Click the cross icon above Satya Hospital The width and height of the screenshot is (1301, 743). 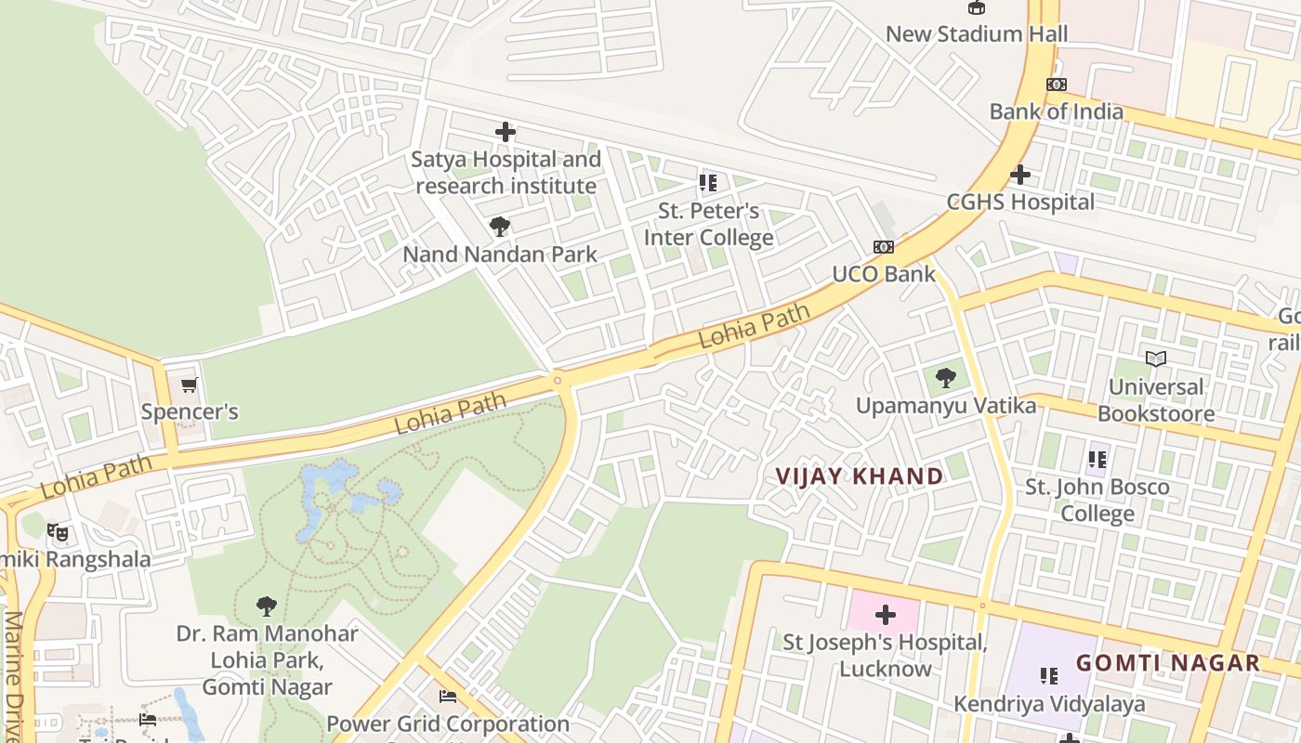506,132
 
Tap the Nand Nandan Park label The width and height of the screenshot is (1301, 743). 499,254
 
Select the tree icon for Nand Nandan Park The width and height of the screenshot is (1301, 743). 499,227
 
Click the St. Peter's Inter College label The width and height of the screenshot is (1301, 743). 708,225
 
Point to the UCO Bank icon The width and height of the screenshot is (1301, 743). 883,247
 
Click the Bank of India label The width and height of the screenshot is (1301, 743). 1056,111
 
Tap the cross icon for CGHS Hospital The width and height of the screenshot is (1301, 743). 1020,175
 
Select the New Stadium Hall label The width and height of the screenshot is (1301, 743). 976,34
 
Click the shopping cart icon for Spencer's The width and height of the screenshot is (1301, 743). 190,385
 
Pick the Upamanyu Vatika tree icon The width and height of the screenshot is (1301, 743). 946,378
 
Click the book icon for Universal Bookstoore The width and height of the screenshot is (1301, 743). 1156,358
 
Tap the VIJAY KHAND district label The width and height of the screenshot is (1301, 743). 860,476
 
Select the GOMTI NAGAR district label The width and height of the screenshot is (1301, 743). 1168,663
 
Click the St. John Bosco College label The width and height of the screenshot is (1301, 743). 1097,500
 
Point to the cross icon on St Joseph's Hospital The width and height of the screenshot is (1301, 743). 885,615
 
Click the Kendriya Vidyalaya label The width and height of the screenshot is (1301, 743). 1049,704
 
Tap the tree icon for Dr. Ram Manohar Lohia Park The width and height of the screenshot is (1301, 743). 267,607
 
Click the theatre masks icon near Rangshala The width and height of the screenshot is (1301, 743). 58,532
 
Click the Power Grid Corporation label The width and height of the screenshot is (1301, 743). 448,723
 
